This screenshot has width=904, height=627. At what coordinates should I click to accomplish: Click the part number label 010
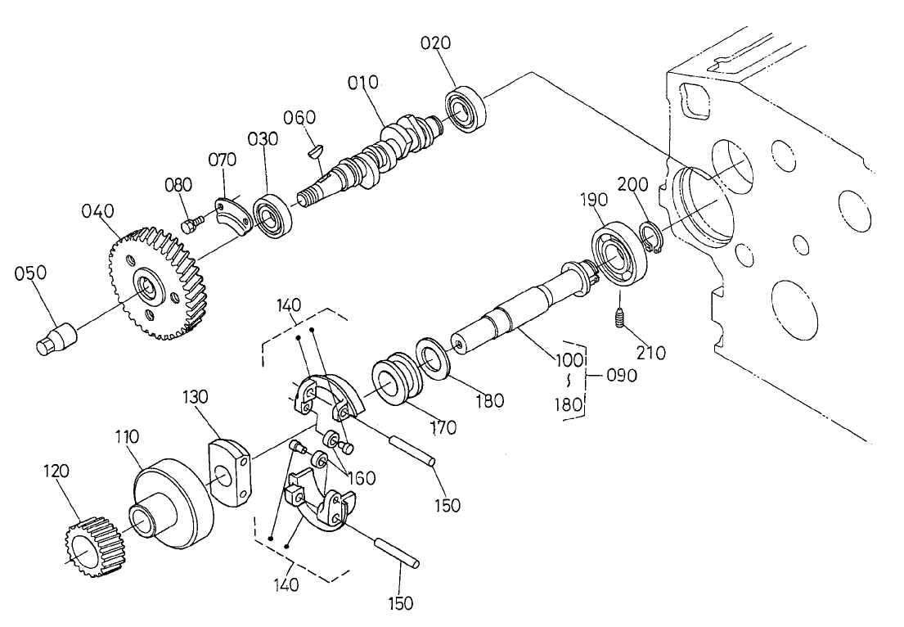(362, 82)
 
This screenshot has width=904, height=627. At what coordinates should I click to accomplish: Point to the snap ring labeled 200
(651, 237)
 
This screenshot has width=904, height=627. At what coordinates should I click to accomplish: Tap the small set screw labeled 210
(620, 318)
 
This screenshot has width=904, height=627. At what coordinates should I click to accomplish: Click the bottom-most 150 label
(400, 603)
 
